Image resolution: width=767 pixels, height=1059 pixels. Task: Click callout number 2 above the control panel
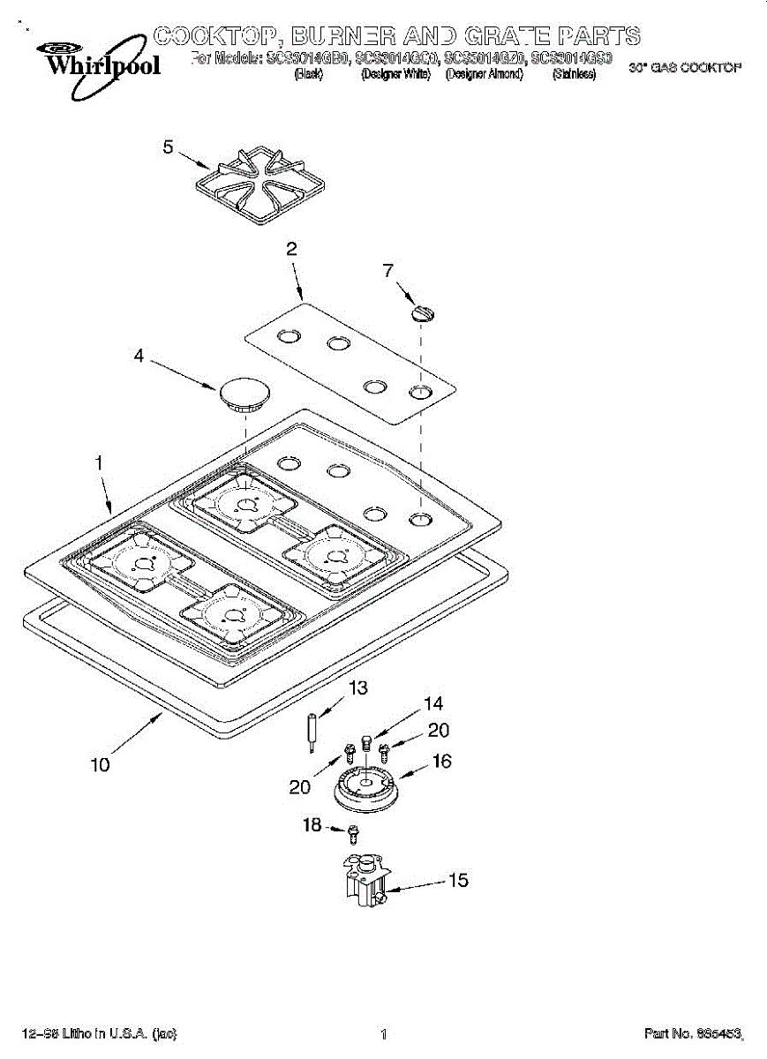click(x=291, y=250)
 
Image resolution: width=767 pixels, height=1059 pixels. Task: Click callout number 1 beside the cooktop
click(x=100, y=462)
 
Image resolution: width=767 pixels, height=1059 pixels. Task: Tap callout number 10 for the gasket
click(x=100, y=765)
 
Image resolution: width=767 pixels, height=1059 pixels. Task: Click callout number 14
click(x=432, y=704)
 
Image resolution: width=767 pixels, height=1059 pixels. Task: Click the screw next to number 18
click(x=354, y=831)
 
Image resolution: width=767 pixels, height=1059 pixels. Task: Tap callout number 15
click(x=458, y=880)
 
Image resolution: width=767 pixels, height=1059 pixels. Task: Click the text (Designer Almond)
click(x=485, y=75)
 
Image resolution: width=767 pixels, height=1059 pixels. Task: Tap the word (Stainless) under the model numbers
click(x=574, y=75)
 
